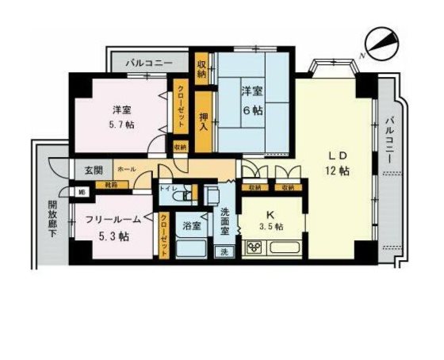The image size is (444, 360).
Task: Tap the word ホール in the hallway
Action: (x=125, y=170)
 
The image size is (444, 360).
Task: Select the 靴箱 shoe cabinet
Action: (x=111, y=185)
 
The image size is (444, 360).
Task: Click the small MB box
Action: (x=81, y=191)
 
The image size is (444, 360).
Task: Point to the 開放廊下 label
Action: (x=49, y=223)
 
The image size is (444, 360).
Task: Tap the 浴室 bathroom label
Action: (x=192, y=226)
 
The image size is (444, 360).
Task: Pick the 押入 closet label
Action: (x=203, y=121)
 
